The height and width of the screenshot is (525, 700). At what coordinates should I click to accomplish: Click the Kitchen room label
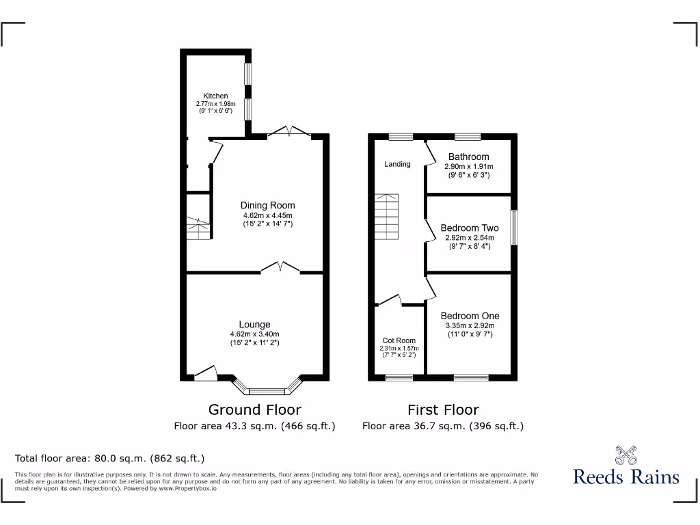pyautogui.click(x=215, y=96)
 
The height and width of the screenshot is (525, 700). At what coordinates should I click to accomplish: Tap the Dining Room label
pyautogui.click(x=267, y=205)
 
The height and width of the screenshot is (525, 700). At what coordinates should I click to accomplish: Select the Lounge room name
pyautogui.click(x=254, y=324)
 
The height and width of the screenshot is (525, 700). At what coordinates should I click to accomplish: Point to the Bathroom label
pyautogui.click(x=468, y=157)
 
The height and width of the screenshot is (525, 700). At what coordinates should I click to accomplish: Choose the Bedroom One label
pyautogui.click(x=470, y=316)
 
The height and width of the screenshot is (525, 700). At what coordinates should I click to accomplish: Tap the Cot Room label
pyautogui.click(x=399, y=340)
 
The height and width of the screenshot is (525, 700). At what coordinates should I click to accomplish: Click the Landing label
pyautogui.click(x=397, y=164)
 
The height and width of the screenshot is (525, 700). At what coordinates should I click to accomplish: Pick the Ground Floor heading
pyautogui.click(x=254, y=409)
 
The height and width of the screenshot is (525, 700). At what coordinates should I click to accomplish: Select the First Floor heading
pyautogui.click(x=443, y=409)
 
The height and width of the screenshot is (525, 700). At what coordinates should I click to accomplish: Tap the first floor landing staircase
pyautogui.click(x=386, y=217)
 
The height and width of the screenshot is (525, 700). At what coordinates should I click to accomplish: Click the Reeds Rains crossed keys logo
pyautogui.click(x=625, y=455)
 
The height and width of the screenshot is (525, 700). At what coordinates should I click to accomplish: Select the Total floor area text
pyautogui.click(x=110, y=458)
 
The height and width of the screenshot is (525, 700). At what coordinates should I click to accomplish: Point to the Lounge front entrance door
pyautogui.click(x=206, y=373)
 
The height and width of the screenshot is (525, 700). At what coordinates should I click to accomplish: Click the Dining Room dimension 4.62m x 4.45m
pyautogui.click(x=267, y=215)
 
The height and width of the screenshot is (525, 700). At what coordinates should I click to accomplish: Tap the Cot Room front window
pyautogui.click(x=399, y=377)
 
